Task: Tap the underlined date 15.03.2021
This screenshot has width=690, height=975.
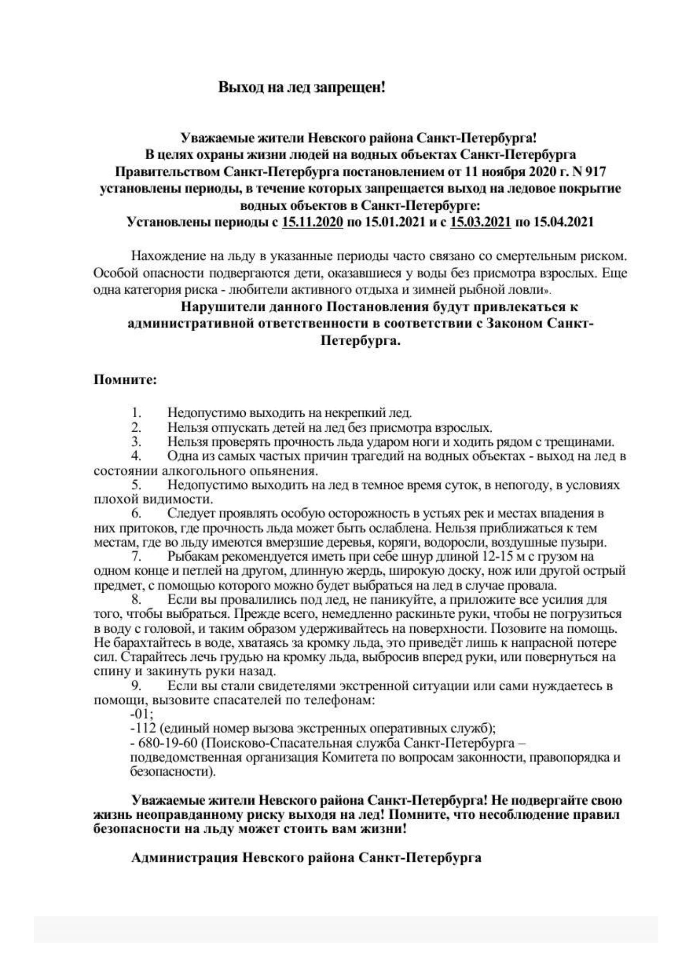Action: click(480, 222)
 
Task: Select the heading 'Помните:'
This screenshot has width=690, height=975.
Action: click(125, 379)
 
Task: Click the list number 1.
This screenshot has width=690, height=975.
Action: click(136, 412)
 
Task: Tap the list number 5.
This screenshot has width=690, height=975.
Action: click(136, 485)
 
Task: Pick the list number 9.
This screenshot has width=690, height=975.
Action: click(136, 686)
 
